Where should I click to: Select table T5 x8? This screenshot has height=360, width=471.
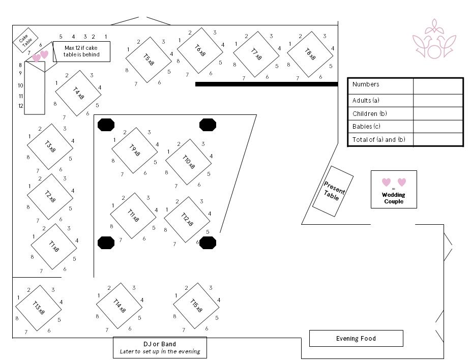(x=149, y=59)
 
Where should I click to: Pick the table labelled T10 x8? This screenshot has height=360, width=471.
(x=188, y=162)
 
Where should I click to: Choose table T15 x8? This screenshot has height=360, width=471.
(x=196, y=306)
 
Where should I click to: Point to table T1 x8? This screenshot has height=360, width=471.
(x=53, y=247)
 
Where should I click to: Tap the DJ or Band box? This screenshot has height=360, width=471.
(x=160, y=347)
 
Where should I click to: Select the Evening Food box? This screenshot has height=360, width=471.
(x=356, y=338)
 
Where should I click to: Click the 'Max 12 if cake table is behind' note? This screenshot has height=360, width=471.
(x=81, y=51)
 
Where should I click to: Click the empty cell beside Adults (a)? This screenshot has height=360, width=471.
(x=437, y=100)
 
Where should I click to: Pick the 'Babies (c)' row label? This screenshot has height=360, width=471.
(x=366, y=127)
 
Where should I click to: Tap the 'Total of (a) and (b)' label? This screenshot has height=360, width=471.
(x=379, y=139)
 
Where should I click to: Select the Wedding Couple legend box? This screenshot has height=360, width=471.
(x=394, y=189)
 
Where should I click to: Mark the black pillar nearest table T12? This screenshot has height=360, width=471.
(x=208, y=243)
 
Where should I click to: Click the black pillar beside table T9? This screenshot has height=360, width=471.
(x=106, y=125)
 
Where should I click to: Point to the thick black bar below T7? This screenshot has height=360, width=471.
(x=267, y=84)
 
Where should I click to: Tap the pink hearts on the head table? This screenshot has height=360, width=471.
(x=40, y=55)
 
